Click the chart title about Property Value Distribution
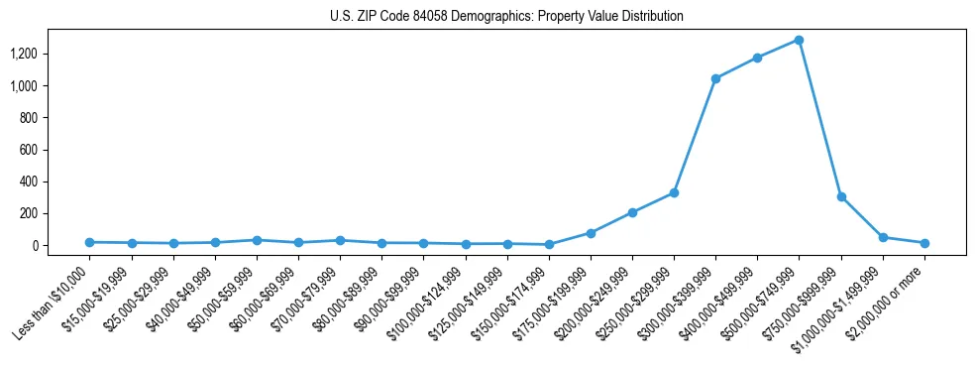point(506,17)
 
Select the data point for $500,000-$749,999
point(799,41)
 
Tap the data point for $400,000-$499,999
point(757,58)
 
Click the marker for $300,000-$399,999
point(715,78)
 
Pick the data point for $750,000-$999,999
point(841,196)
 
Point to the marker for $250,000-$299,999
point(674,192)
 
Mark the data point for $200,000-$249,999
point(632,212)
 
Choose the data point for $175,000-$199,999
point(591,233)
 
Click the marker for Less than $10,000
point(90,242)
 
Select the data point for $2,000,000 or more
point(924,243)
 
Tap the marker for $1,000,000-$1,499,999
point(883,237)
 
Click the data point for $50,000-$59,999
point(257,240)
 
